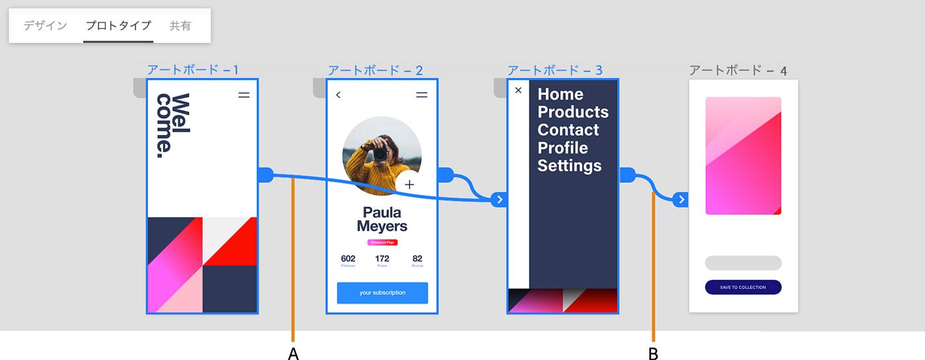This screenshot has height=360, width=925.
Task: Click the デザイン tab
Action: tap(45, 26)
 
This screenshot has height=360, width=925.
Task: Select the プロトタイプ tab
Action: tap(118, 26)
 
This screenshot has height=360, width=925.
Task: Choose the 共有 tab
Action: tap(180, 26)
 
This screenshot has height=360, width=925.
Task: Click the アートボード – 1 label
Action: tap(192, 70)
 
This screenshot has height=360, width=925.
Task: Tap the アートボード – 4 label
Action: tap(737, 70)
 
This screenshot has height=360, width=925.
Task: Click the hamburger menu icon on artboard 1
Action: tap(244, 95)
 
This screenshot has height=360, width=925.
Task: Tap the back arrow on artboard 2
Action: tap(338, 95)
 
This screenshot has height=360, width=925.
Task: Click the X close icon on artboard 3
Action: tap(518, 90)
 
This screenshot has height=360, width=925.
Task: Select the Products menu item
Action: tap(573, 112)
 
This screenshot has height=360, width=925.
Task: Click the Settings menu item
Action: tap(569, 165)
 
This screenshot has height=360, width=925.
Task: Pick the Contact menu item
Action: tap(568, 129)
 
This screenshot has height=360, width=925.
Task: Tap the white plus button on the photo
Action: tap(409, 184)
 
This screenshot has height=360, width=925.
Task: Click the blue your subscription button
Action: tap(382, 293)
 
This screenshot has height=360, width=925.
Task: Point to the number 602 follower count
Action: tap(348, 258)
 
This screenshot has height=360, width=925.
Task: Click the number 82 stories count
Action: tap(417, 258)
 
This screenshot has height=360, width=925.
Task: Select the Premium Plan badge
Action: tap(382, 242)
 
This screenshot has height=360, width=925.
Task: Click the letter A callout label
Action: tap(293, 353)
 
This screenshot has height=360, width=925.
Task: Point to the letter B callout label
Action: tap(653, 353)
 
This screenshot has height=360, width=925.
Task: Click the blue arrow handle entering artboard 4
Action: tap(681, 199)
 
